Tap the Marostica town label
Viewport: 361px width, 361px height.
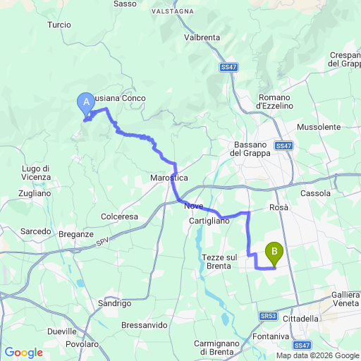(169, 178)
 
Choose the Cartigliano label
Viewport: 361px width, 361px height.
(209, 221)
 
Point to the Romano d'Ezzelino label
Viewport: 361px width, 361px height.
(274, 101)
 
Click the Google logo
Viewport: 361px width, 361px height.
(23, 353)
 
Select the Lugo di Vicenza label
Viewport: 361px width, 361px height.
(35, 173)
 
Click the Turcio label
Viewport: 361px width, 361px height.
(59, 25)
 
